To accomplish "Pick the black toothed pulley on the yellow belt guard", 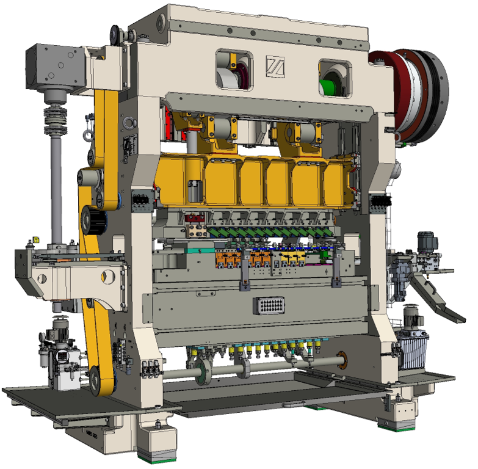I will tap(95, 219).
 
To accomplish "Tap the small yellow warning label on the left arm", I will tap(35, 239).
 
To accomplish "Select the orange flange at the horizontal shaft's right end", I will tap(341, 360).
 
